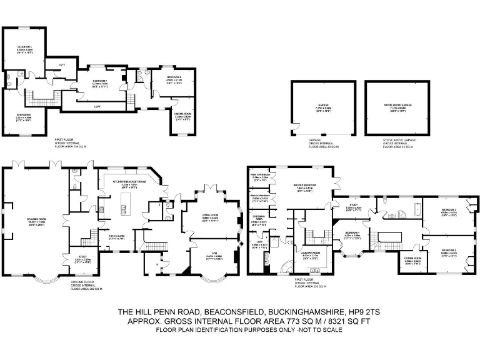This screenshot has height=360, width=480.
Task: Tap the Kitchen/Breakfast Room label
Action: [129, 183]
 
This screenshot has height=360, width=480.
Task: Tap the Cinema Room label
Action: [182, 116]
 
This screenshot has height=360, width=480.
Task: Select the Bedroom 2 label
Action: [449, 211]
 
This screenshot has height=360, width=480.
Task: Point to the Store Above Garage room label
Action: [398, 108]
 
